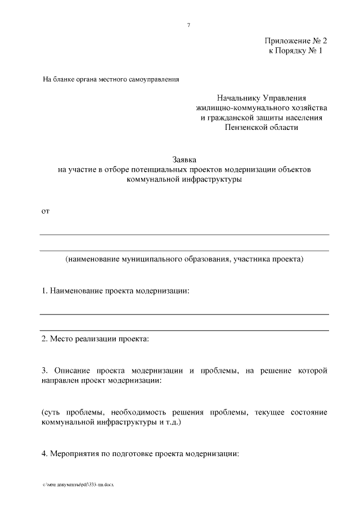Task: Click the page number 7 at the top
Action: pyautogui.click(x=189, y=25)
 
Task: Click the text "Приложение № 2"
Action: pyautogui.click(x=294, y=42)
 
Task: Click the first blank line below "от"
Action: pyautogui.click(x=184, y=234)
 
